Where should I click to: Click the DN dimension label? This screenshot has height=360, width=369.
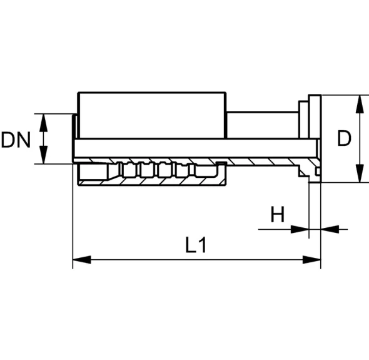point(16,140)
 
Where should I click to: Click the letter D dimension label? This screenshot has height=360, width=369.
point(344,138)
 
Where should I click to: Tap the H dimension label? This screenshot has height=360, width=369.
point(278,214)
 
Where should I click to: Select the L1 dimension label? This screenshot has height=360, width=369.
point(196,245)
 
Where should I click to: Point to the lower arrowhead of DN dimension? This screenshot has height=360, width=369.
point(44,155)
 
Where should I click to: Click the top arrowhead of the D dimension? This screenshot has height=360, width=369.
point(359,104)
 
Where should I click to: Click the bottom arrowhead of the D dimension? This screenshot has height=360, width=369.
point(359,173)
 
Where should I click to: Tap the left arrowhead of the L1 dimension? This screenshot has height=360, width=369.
point(82,260)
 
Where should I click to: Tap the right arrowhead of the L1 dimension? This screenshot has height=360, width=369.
point(311,260)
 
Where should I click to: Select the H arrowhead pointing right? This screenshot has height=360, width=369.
point(300,229)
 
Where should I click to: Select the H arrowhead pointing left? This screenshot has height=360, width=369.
point(330,229)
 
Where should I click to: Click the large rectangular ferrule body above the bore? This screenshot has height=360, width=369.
point(152,115)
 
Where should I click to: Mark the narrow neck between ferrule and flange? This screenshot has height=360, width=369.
point(263,125)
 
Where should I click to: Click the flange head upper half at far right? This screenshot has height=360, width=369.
point(315,116)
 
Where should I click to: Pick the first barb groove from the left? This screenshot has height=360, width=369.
point(128,169)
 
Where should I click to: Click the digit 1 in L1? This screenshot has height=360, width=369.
point(203,245)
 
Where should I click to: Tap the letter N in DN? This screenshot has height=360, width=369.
point(24,140)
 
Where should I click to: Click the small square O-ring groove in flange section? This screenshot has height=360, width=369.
point(318,171)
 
